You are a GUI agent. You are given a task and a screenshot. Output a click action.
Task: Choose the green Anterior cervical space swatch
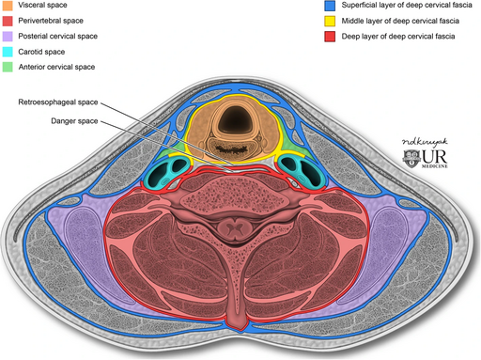click(8, 67)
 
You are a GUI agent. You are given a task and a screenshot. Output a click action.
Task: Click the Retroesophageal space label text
click(56, 102)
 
